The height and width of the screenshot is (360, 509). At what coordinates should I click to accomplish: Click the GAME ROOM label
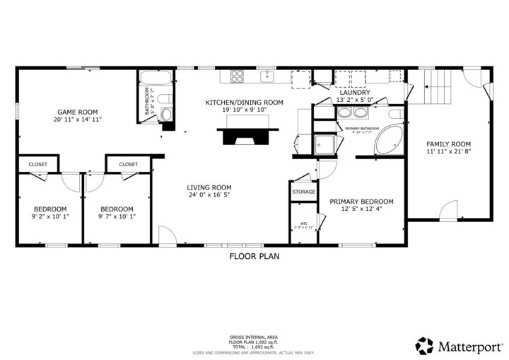click(x=78, y=112)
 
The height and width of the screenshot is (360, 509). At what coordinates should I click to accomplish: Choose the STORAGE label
click(x=303, y=192)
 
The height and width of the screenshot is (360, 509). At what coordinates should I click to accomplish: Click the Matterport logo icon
click(x=424, y=346)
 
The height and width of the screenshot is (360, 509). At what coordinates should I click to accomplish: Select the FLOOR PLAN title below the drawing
click(x=254, y=256)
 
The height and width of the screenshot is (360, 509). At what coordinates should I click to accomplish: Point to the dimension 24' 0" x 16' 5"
click(x=209, y=195)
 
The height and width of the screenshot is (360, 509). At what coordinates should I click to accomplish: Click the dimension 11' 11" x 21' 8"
click(x=448, y=151)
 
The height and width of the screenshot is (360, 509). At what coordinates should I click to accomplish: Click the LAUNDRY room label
click(x=355, y=93)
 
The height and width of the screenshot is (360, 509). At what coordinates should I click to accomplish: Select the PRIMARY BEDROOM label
click(x=361, y=202)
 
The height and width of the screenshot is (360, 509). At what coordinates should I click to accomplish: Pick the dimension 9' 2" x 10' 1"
click(x=50, y=216)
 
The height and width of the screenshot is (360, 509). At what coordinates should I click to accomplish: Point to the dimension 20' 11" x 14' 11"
click(x=78, y=120)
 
